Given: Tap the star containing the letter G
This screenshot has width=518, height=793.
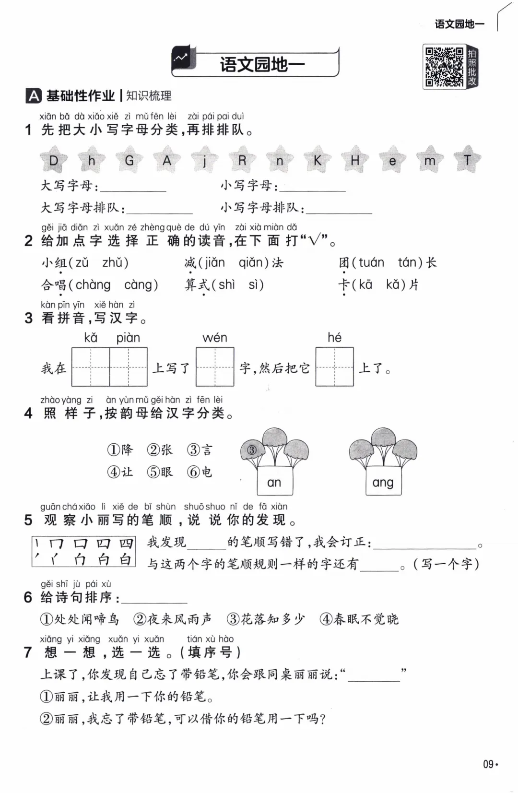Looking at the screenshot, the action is pyautogui.click(x=129, y=160).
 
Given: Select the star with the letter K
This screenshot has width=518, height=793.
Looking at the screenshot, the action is pyautogui.click(x=317, y=160).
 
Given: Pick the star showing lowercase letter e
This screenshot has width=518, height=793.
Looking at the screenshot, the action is pyautogui.click(x=392, y=161).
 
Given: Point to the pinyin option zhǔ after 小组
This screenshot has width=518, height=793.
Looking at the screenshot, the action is pyautogui.click(x=115, y=263).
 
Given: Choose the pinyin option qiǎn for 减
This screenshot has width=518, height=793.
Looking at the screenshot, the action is pyautogui.click(x=254, y=263).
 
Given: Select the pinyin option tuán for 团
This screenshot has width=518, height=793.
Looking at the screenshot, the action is pyautogui.click(x=371, y=263).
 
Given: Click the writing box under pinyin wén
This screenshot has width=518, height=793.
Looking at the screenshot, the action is pyautogui.click(x=215, y=367).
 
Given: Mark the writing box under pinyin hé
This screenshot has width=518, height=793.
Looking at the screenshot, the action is pyautogui.click(x=334, y=367).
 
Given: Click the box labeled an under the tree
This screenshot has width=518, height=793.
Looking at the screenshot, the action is pyautogui.click(x=274, y=482).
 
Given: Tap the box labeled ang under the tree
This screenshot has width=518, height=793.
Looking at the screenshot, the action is pyautogui.click(x=383, y=482).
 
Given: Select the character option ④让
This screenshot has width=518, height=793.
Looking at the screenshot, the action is pyautogui.click(x=120, y=472).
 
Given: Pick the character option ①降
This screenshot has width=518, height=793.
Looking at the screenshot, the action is pyautogui.click(x=120, y=450).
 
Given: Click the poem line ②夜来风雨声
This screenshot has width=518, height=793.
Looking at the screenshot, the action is pyautogui.click(x=173, y=619).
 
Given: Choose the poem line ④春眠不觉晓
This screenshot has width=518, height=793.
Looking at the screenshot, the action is pyautogui.click(x=359, y=619).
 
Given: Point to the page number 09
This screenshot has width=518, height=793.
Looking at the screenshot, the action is pyautogui.click(x=488, y=764).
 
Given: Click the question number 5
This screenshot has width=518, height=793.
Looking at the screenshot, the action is pyautogui.click(x=28, y=521).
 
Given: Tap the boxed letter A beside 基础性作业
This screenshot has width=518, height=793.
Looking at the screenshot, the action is pyautogui.click(x=33, y=96).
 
